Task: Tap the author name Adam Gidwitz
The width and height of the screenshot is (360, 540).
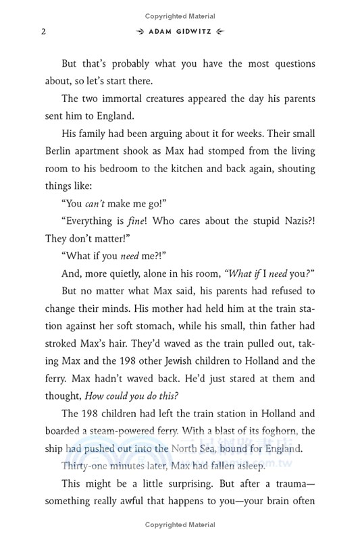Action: pos(180,32)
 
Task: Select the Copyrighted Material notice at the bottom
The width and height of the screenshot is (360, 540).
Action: pos(180,525)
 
